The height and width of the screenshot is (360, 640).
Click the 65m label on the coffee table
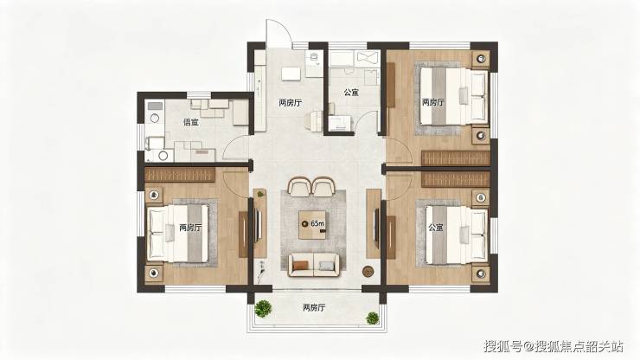pos(317,223)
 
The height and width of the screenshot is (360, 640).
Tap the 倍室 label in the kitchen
pos(191,122)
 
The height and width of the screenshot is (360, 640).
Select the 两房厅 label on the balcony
pos(314,308)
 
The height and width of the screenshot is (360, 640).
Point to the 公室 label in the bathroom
pos(351,93)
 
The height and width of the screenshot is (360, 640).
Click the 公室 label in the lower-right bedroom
pos(436,228)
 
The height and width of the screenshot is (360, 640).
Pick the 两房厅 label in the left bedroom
pos(190,228)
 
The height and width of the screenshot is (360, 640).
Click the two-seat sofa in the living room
pos(313,265)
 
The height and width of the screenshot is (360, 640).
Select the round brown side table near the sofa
pos(368,272)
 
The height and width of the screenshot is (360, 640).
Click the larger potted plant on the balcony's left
pos(263,308)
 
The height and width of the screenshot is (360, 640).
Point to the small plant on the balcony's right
pos(372,318)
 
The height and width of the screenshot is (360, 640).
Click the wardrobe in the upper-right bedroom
pos(456,158)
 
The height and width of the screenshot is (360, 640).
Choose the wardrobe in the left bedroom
pos(180,175)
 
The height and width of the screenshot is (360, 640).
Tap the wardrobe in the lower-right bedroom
pos(456,179)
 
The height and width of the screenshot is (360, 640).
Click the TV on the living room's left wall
pos(258,224)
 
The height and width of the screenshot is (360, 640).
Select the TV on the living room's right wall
pos(377,224)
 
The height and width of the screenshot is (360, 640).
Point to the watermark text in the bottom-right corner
pos(554,346)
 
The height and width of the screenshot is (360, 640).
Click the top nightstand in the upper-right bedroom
pos(482,59)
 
